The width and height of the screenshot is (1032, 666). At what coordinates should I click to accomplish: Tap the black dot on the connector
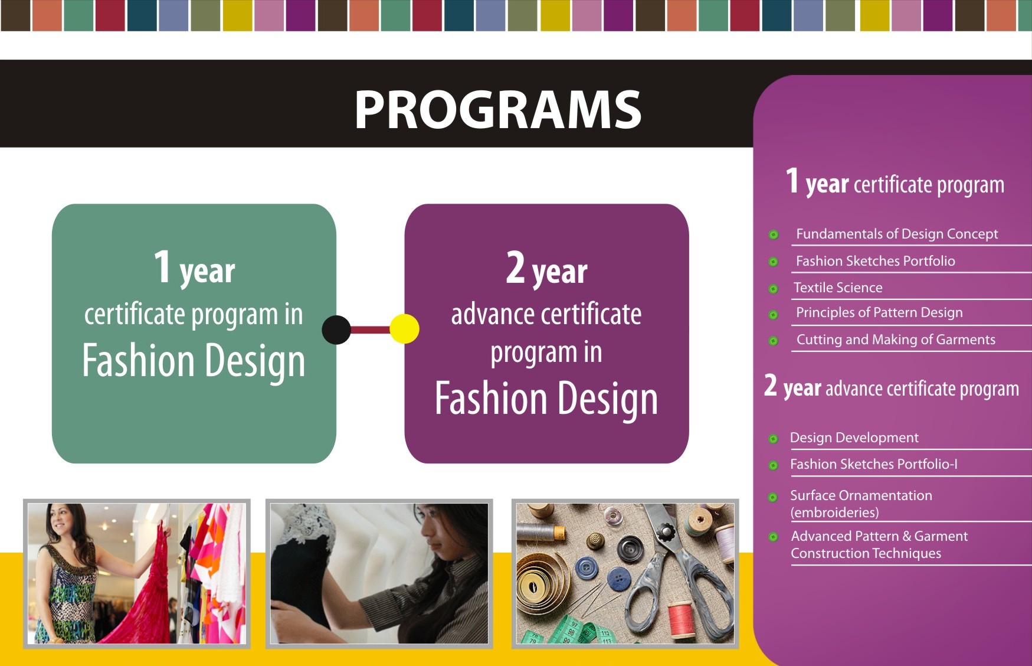click(x=336, y=329)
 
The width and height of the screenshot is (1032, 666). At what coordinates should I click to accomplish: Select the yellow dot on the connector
click(x=405, y=329)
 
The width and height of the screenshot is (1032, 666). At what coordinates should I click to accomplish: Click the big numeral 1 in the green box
click(x=162, y=266)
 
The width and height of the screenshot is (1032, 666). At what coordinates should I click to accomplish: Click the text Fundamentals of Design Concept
click(x=896, y=234)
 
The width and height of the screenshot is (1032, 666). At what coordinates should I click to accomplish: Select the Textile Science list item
click(x=838, y=288)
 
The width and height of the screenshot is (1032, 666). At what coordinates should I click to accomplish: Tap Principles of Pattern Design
click(x=879, y=312)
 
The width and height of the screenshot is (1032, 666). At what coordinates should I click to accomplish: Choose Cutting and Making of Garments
click(x=895, y=339)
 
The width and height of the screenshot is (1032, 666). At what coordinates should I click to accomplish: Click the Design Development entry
click(x=854, y=438)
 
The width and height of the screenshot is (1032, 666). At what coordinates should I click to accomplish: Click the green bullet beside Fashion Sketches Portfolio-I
click(x=773, y=465)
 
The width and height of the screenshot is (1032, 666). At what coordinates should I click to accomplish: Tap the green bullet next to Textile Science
click(x=773, y=289)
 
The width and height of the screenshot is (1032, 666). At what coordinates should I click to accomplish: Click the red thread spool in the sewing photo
click(x=682, y=618)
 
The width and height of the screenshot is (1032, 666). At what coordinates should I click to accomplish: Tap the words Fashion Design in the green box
click(x=194, y=360)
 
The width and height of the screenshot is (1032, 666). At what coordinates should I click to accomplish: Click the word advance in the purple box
click(x=484, y=314)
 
